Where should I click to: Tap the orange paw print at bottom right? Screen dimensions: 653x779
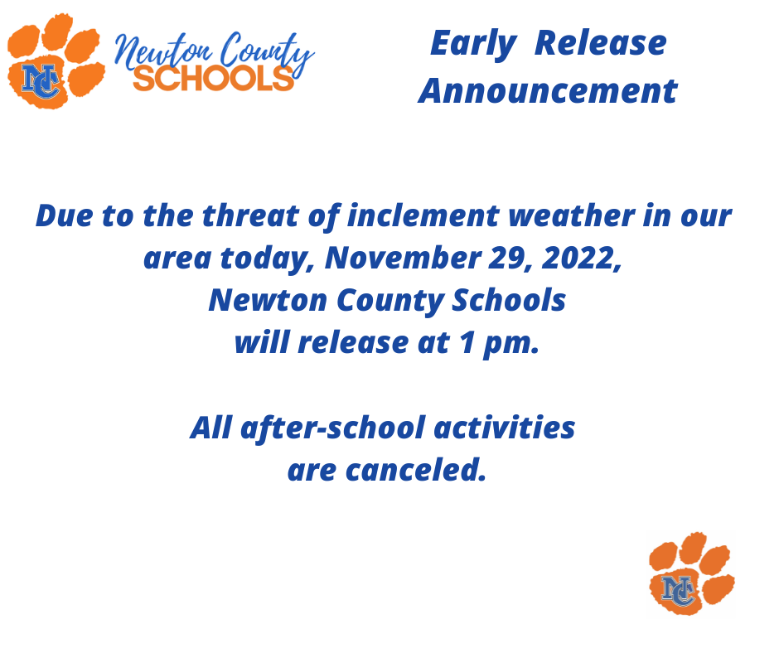tap(690, 573)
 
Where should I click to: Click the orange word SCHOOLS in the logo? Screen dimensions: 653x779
tap(213, 78)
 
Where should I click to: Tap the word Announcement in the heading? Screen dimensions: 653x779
tap(548, 91)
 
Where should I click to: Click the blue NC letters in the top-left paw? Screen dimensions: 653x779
tap(41, 81)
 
